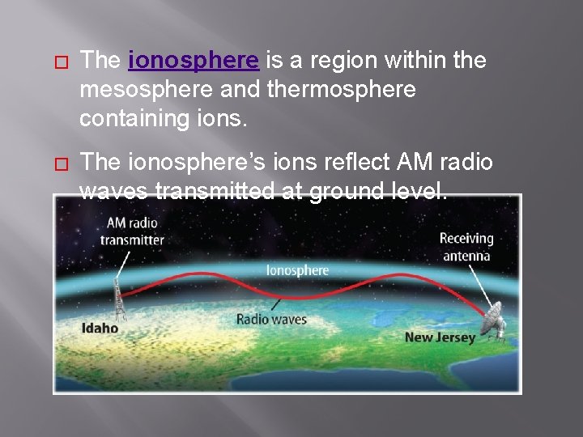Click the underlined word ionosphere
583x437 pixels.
coord(194,61)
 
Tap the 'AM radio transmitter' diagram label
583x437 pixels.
coord(132,231)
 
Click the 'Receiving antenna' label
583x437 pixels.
coord(466,247)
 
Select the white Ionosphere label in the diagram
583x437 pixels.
coord(297,270)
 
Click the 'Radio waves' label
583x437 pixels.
coord(271,319)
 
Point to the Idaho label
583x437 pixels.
coord(100,329)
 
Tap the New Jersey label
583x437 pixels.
coord(440,337)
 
